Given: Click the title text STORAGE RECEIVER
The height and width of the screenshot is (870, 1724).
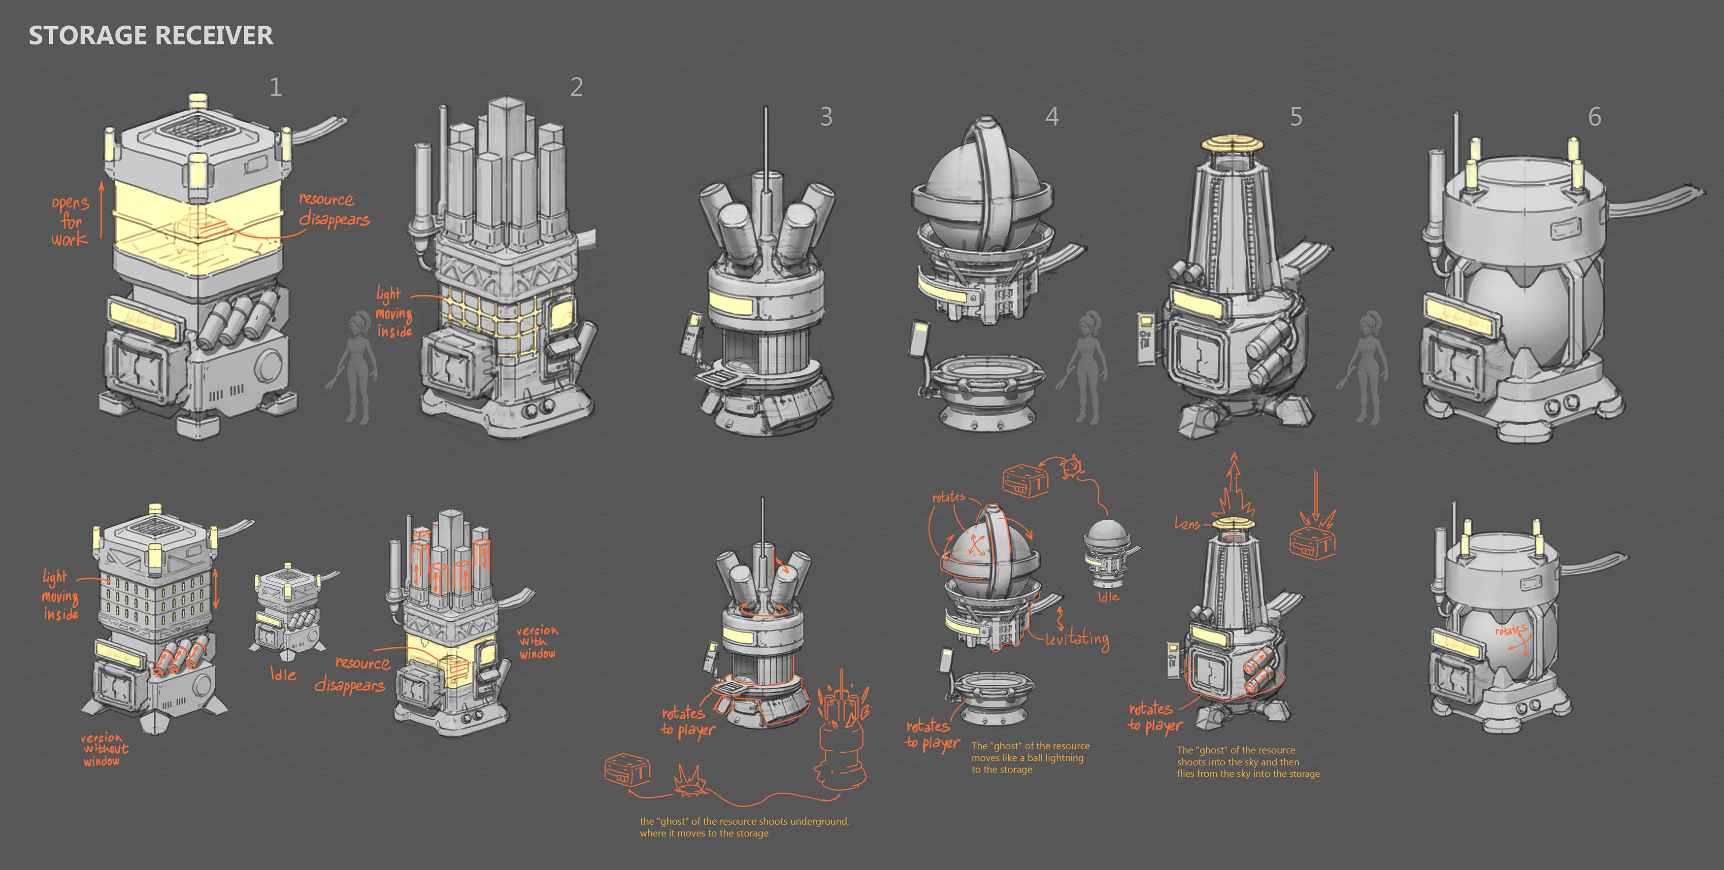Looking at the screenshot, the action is (x=151, y=35).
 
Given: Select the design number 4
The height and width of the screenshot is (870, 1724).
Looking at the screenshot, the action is (x=1052, y=117).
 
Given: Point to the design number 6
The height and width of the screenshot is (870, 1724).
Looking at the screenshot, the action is (x=1595, y=117).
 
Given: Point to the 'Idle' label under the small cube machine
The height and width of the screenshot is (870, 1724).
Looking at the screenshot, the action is (x=283, y=674).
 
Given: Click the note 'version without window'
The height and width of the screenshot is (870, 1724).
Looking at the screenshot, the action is (x=104, y=749).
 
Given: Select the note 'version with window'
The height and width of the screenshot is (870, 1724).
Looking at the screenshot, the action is (x=537, y=642).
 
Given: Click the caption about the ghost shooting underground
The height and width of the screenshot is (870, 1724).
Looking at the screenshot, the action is (x=744, y=827).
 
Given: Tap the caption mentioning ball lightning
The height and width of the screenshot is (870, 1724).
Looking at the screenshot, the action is (x=1030, y=758).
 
